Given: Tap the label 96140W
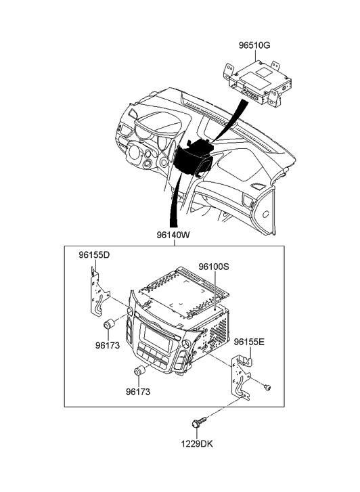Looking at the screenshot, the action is click(x=173, y=235).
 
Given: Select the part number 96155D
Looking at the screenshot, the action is click(x=94, y=255).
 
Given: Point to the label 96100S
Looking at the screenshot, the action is click(x=214, y=267).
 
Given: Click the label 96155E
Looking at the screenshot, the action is click(x=249, y=342).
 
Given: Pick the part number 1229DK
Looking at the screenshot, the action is click(x=197, y=444).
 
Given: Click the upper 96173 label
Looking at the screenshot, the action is click(x=108, y=345).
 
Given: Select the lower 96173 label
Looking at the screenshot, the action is click(x=138, y=392).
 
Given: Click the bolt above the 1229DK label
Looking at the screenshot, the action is click(x=199, y=422).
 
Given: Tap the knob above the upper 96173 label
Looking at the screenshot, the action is click(x=109, y=324).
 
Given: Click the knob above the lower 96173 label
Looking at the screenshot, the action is click(x=139, y=371).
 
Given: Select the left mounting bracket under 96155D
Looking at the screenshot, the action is click(x=98, y=290).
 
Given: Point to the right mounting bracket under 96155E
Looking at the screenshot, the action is click(x=240, y=377).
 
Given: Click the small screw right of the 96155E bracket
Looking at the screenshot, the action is click(x=268, y=388).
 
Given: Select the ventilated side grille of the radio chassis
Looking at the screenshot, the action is click(x=219, y=330).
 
